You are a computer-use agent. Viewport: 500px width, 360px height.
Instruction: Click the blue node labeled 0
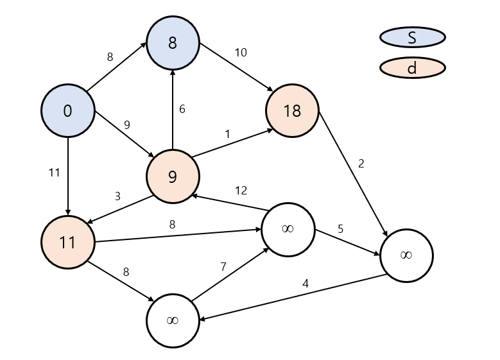(67, 111)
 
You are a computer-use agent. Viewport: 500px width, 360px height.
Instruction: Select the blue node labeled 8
(172, 44)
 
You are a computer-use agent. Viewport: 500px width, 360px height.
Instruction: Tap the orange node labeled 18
(292, 111)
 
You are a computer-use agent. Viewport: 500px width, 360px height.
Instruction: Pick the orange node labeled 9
(172, 176)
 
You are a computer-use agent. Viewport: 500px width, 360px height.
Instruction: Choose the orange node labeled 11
(67, 242)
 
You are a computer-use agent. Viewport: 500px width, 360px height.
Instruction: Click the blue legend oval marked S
(412, 37)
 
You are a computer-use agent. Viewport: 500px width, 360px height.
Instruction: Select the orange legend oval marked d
(412, 67)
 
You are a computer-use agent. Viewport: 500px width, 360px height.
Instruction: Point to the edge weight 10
(241, 53)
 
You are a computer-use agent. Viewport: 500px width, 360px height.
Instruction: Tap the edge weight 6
(182, 109)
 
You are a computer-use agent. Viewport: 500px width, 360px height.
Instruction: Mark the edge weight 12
(241, 191)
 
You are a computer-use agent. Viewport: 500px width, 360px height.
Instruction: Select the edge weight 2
(361, 164)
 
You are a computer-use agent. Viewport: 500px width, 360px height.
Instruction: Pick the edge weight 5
(341, 228)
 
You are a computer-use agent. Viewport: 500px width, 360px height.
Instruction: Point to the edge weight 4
(306, 283)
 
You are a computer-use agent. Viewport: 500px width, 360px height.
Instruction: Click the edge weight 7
(223, 267)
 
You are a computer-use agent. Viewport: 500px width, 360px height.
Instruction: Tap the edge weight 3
(117, 196)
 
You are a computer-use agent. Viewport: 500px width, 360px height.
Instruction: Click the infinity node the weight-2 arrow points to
(406, 255)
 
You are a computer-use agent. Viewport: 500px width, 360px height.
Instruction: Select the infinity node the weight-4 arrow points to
(172, 320)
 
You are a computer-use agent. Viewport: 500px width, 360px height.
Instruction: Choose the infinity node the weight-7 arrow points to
(288, 229)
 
